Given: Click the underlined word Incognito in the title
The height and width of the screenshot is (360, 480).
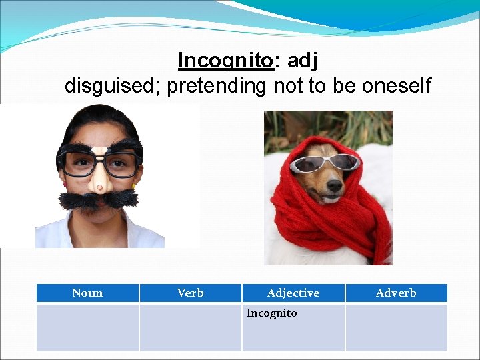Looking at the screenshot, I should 225,61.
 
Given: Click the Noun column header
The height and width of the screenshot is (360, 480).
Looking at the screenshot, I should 87,293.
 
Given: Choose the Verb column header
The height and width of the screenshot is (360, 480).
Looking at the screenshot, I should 190,293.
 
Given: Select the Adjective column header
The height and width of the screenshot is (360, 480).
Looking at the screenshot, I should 293,293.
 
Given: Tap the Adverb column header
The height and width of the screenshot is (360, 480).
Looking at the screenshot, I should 396,293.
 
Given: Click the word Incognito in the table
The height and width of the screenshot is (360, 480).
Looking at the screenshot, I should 272,313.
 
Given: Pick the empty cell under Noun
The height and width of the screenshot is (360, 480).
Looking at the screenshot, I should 87,327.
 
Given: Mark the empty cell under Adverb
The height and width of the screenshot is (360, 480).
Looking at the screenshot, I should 396,327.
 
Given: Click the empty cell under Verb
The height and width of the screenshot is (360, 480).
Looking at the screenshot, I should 190,327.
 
